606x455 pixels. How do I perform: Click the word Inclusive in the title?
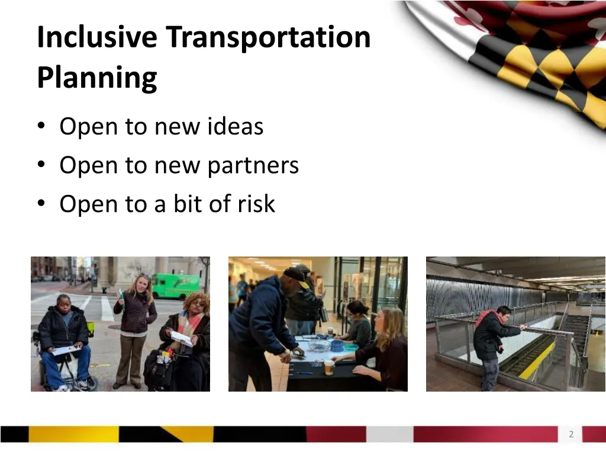click(x=97, y=37)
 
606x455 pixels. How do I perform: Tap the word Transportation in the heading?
click(x=268, y=37)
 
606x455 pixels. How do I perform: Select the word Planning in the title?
click(x=97, y=78)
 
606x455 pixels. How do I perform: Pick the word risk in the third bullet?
click(x=256, y=204)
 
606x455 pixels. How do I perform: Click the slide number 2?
click(x=571, y=434)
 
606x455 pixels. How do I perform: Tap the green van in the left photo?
click(x=175, y=285)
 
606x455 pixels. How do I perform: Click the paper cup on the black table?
click(x=329, y=367)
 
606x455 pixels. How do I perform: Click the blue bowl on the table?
click(x=337, y=344)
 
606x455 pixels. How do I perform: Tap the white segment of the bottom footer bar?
click(x=389, y=434)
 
